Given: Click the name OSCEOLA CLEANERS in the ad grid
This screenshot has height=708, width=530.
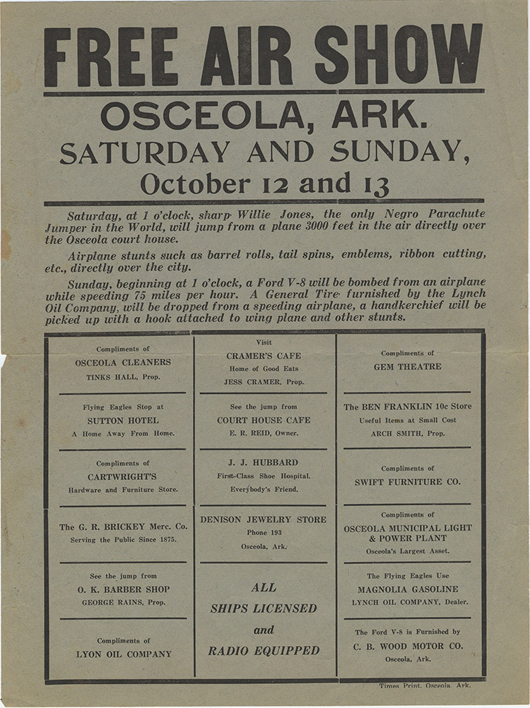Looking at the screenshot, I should (x=123, y=362).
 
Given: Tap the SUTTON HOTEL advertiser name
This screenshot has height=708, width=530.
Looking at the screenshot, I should (x=123, y=420).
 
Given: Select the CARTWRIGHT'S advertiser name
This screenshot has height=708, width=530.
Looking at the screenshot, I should (x=123, y=476).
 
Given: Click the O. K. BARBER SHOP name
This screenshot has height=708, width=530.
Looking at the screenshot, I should (x=123, y=589).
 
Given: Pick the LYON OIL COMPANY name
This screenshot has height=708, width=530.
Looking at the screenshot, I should (x=123, y=654).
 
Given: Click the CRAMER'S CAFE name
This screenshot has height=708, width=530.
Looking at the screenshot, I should (x=264, y=356).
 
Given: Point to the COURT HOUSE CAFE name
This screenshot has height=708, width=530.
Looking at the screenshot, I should (x=264, y=420).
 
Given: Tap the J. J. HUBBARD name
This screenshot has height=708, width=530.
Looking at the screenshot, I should (x=264, y=462).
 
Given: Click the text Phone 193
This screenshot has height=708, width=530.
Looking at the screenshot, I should (x=264, y=532).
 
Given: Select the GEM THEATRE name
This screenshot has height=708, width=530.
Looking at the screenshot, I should (x=407, y=366).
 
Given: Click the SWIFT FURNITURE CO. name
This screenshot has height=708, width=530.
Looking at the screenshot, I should (x=407, y=481).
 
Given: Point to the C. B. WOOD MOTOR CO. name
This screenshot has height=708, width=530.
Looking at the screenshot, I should (x=407, y=646).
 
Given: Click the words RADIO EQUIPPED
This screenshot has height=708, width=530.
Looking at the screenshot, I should (x=264, y=651).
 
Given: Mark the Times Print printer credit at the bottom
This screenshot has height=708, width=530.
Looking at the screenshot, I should (x=424, y=685).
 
